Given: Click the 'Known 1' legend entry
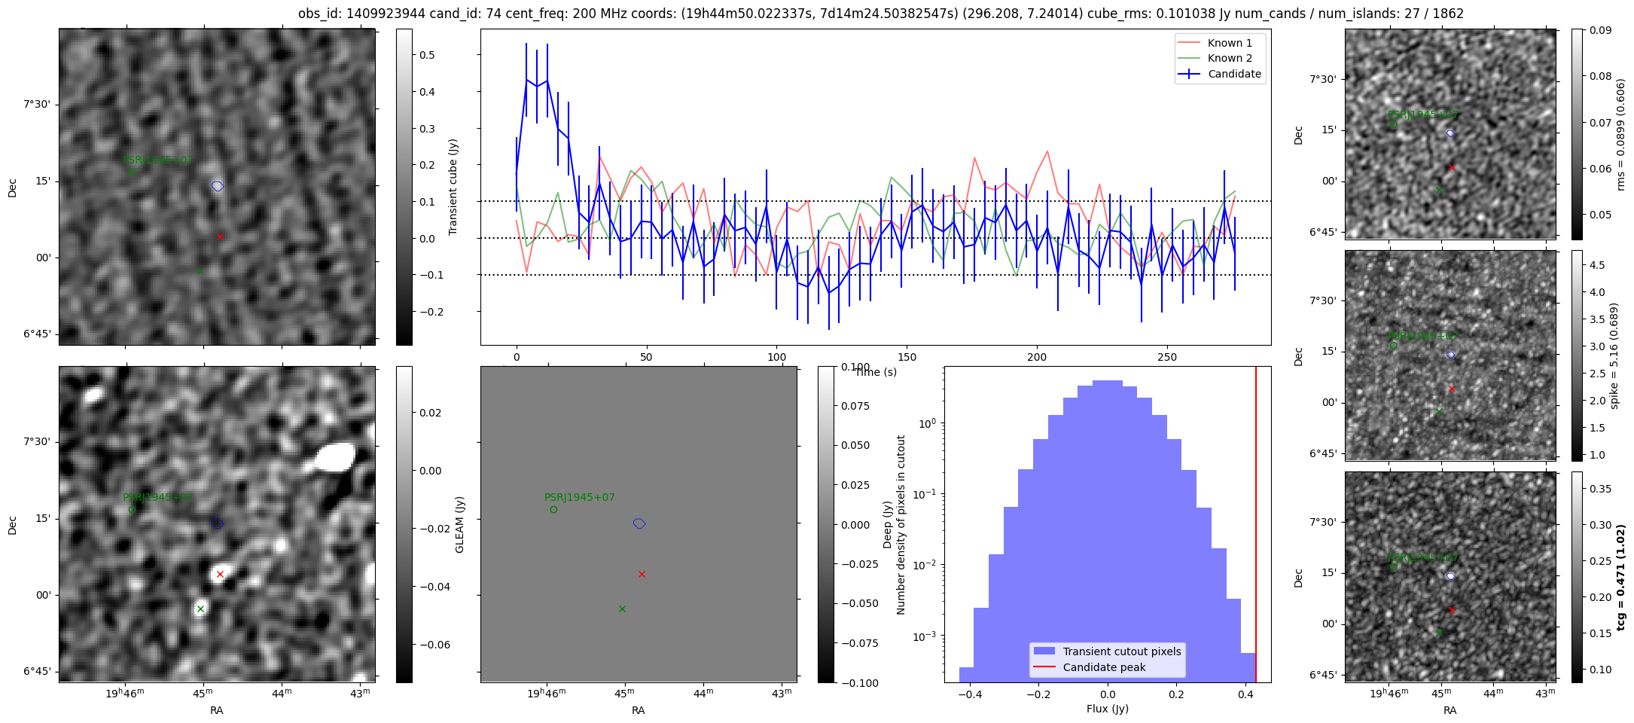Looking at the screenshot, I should point(1230,43).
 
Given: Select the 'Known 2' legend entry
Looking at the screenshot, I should point(1230,58).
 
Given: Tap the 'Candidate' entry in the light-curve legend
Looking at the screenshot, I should point(1234,74).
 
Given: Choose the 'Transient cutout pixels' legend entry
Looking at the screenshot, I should point(1122,651).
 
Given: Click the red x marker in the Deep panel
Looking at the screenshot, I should point(642,574).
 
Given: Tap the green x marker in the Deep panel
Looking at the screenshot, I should point(622,609).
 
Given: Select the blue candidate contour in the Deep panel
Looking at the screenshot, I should point(639,523).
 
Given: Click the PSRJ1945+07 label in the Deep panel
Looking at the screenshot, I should point(580,498).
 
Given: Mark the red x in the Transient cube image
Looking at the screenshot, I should point(220,236).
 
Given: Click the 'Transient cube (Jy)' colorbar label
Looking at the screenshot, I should point(453,187).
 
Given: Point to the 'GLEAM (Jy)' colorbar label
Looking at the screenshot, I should point(459,524).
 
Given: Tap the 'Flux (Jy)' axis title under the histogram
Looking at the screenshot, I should point(1107,709).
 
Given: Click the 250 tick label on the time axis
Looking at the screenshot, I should point(1166,357).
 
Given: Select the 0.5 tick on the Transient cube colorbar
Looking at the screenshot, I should point(428,55).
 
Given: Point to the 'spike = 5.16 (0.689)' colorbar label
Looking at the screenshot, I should point(1614,355).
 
